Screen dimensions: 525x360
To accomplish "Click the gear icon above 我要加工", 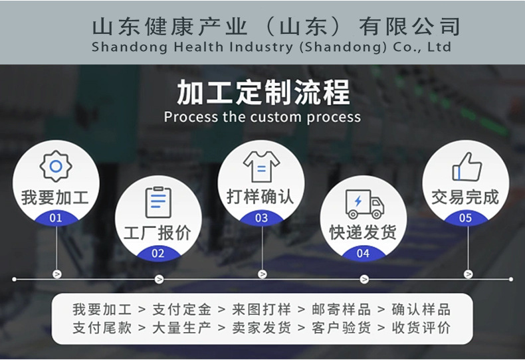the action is point(55,165).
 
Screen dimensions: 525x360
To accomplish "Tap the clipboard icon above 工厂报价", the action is point(158,202).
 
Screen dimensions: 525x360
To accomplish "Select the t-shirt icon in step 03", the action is point(261,166).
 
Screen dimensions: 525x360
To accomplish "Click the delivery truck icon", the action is point(364,203).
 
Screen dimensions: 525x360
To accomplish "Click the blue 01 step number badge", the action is point(56,217).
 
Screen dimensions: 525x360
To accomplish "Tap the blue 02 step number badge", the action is point(158,253).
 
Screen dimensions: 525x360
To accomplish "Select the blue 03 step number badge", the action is point(261,217).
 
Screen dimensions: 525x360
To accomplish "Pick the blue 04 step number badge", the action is point(364,253).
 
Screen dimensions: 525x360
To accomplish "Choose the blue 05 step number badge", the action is point(466,217).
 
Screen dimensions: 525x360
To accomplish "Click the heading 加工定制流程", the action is point(262,92).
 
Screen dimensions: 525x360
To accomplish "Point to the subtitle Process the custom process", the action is point(262,118).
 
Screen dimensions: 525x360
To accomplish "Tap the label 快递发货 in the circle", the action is point(364,232).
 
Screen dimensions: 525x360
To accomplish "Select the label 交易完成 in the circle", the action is point(466,197).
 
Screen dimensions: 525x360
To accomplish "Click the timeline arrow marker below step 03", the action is point(262,274).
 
